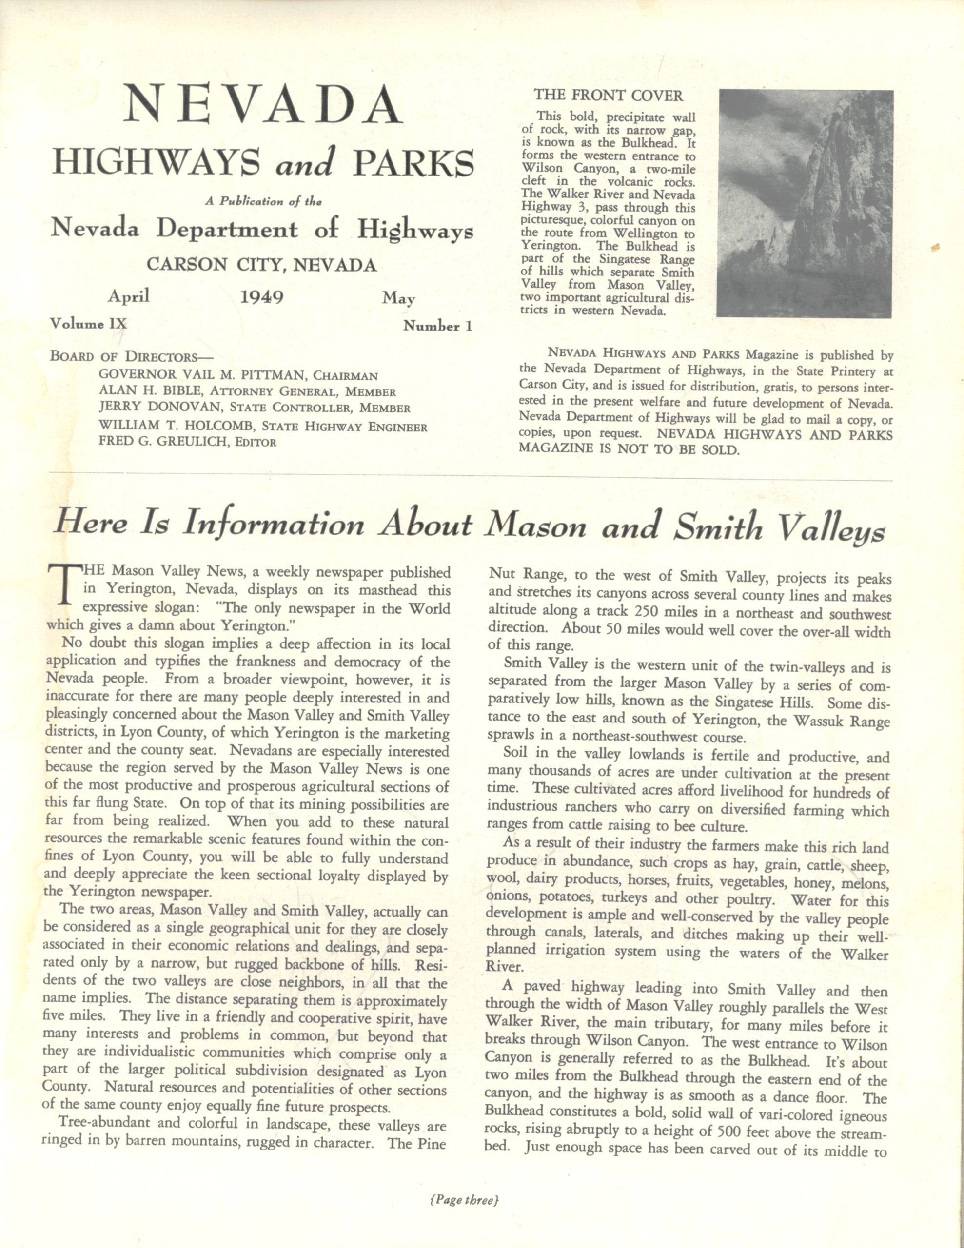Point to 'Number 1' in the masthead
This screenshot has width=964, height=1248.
[437, 326]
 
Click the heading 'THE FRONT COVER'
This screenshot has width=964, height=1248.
[608, 96]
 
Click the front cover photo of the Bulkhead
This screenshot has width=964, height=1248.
[805, 203]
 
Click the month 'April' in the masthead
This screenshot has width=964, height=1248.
[129, 296]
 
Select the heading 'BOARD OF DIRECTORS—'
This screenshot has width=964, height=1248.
[131, 356]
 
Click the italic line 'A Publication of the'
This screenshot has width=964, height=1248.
[263, 201]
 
